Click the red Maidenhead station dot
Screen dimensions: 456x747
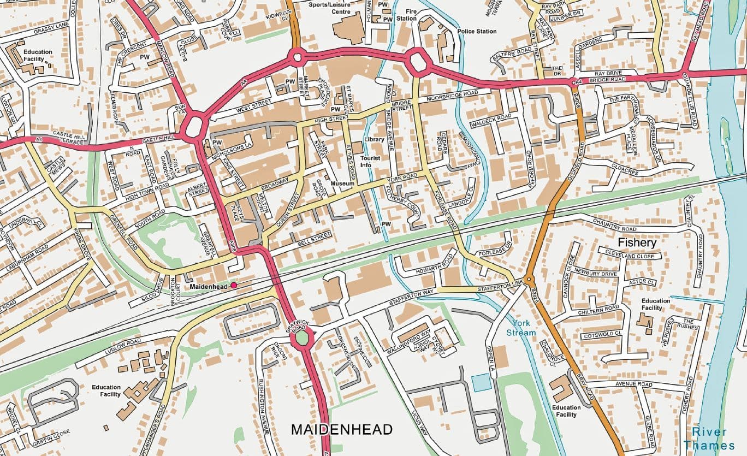click(x=234, y=286)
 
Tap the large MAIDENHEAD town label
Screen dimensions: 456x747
click(x=341, y=430)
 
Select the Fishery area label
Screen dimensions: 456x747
click(x=637, y=241)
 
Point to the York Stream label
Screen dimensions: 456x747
click(x=521, y=328)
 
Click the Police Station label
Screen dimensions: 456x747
click(x=477, y=32)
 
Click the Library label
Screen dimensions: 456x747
click(x=375, y=140)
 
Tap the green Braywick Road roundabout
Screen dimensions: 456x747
click(x=301, y=339)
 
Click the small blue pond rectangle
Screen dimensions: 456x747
click(x=482, y=383)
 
